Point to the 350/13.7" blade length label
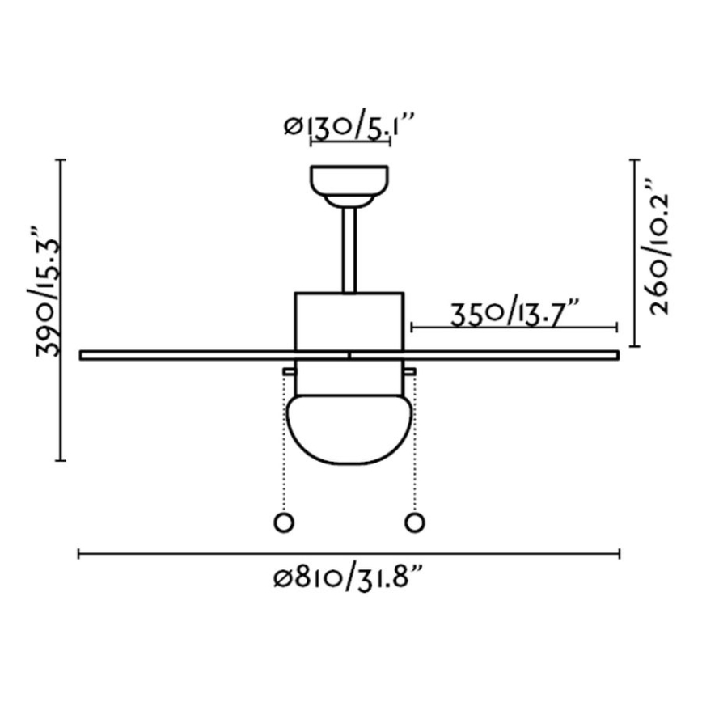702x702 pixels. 514,312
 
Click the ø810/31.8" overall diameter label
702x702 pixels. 349,579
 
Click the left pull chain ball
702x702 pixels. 284,522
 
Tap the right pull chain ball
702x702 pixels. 415,522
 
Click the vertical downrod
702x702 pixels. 349,249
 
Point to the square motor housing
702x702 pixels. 349,320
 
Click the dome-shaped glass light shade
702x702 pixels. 349,429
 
